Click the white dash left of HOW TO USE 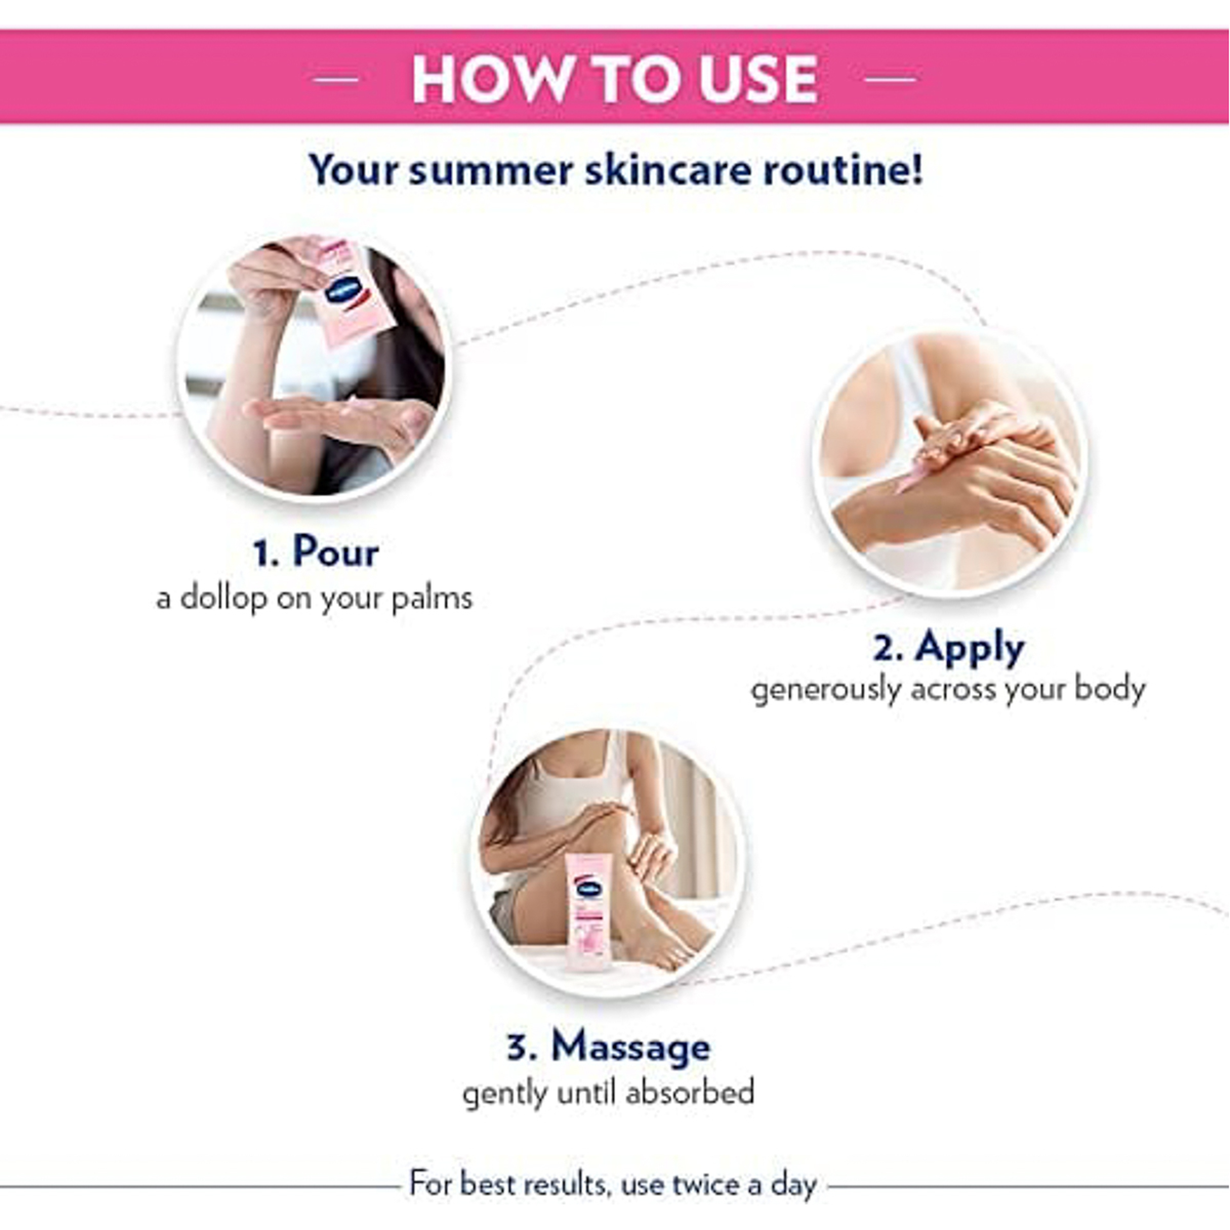pyautogui.click(x=336, y=79)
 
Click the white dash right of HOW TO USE pyautogui.click(x=891, y=79)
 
